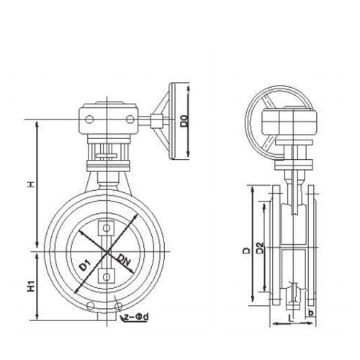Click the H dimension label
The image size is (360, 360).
click(31, 184)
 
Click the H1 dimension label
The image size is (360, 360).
click(31, 286)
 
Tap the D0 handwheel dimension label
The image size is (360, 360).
click(185, 121)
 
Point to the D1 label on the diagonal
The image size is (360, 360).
click(85, 266)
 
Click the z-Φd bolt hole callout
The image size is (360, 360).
click(136, 317)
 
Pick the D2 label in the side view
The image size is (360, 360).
click(260, 248)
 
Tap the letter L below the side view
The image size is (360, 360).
click(291, 318)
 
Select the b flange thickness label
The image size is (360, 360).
click(311, 313)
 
